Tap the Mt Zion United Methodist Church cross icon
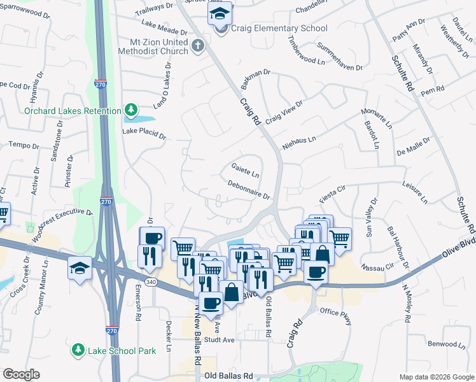(x=198, y=45)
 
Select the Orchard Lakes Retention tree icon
(x=131, y=111)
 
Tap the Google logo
(x=22, y=374)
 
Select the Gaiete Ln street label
(x=245, y=171)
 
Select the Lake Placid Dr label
(x=144, y=134)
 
